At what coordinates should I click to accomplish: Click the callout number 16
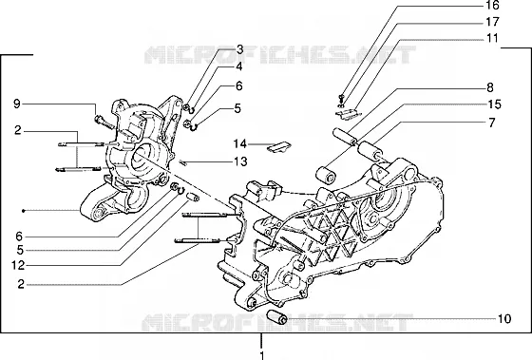click(492, 5)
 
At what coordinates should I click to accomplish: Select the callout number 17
click(492, 22)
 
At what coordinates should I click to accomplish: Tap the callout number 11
click(492, 38)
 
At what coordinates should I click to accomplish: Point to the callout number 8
click(490, 88)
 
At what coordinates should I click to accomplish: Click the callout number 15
click(494, 104)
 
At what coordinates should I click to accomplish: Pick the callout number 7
click(492, 123)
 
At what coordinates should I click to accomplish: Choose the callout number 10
click(504, 318)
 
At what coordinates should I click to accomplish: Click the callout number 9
click(17, 104)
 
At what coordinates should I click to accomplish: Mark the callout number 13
click(240, 161)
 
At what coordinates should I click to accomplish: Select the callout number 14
click(239, 143)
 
